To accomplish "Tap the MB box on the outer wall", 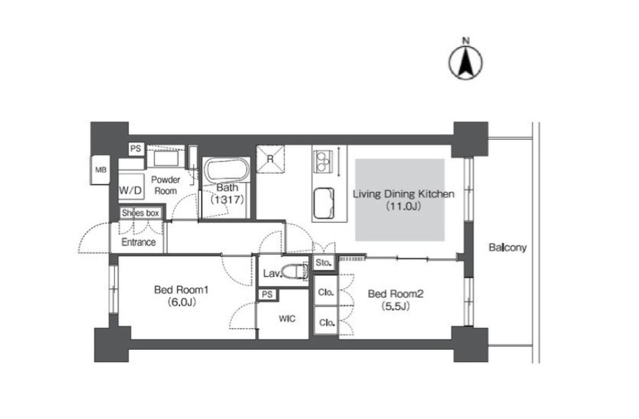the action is click(100, 170).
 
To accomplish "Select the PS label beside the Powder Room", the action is click(136, 149).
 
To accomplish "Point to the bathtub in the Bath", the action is click(226, 170).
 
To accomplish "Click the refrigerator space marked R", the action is click(270, 159).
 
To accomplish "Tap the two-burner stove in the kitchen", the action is click(322, 161).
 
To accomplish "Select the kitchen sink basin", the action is click(324, 203).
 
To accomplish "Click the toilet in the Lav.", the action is click(294, 271).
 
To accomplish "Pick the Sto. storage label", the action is click(324, 263).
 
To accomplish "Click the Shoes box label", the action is click(140, 213).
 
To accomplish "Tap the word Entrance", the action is click(139, 242).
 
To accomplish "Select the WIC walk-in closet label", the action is click(287, 319).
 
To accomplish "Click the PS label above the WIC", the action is click(267, 293).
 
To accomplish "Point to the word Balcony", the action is click(507, 248).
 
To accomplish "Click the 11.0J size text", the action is click(403, 206).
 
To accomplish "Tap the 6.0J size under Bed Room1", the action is click(182, 302).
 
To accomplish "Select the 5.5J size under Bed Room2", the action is click(395, 306).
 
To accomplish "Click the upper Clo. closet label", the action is click(326, 292).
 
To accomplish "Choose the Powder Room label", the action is click(165, 185).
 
